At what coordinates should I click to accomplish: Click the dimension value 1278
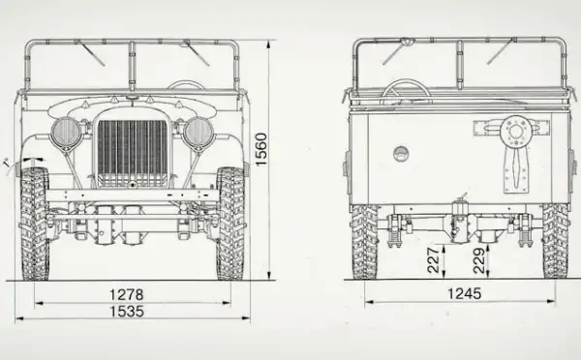tap(126, 294)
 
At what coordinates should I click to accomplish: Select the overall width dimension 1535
tap(127, 312)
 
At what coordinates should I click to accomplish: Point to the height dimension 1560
tap(261, 149)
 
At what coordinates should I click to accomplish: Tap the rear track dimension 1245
tap(464, 293)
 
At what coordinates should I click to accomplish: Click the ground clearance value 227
tap(433, 259)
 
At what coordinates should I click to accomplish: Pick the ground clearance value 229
tap(478, 260)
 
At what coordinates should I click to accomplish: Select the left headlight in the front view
tap(66, 133)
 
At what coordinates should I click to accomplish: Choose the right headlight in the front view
tap(199, 133)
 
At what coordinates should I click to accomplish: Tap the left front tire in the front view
tap(35, 224)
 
